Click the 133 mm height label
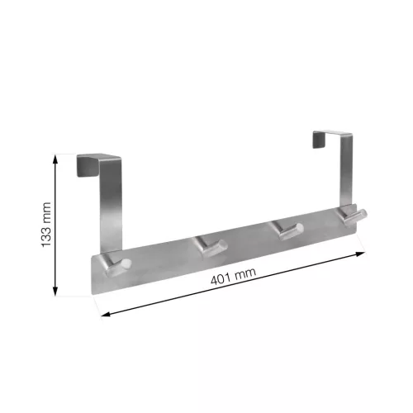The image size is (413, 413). [x=46, y=225]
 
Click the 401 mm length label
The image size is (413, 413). [x=234, y=276]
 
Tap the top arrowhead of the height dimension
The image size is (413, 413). [x=55, y=159]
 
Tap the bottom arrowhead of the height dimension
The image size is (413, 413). [x=55, y=291]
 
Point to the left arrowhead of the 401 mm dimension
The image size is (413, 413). [x=106, y=314]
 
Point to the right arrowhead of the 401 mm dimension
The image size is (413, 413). [x=361, y=254]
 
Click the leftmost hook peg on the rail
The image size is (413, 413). [x=116, y=264]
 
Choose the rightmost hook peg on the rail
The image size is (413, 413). [x=354, y=216]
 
